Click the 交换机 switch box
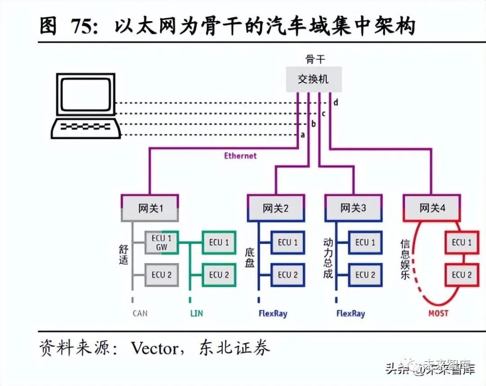click(x=314, y=80)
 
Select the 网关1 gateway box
click(x=150, y=208)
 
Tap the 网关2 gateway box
click(x=276, y=208)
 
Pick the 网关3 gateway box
click(x=353, y=208)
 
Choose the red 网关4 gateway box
click(x=432, y=208)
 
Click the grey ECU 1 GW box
click(x=161, y=243)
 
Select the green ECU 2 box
click(x=219, y=275)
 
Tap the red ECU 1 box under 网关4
click(x=462, y=243)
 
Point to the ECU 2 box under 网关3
click(x=365, y=275)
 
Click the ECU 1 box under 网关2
click(x=288, y=243)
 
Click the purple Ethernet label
click(x=240, y=156)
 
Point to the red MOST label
click(x=437, y=313)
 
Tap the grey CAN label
click(x=140, y=313)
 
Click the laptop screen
click(x=86, y=95)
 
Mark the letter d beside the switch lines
click(x=336, y=103)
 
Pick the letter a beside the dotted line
click(x=303, y=134)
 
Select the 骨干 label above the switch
click(x=315, y=59)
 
